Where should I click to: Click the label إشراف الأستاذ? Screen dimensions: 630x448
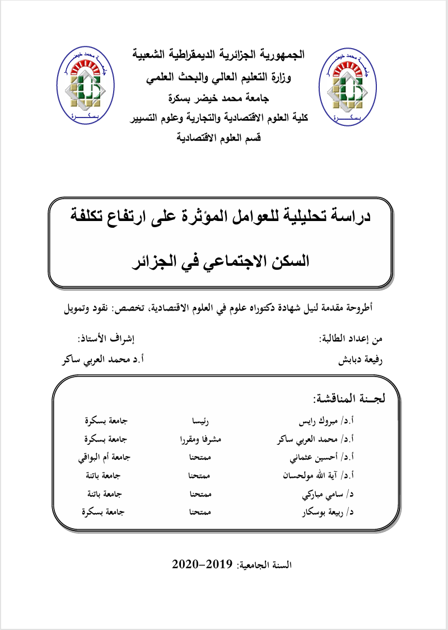tap(106, 339)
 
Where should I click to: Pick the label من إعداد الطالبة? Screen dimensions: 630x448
tap(351, 339)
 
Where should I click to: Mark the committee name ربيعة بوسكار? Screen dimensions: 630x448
tap(325, 513)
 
